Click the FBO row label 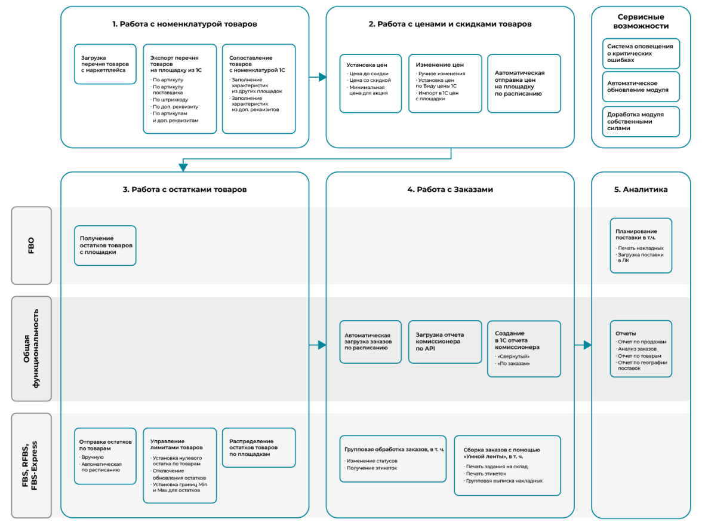click(31, 245)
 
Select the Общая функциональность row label click(31, 349)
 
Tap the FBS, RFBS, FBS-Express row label click(31, 465)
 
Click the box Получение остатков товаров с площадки click(105, 245)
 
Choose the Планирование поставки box click(641, 245)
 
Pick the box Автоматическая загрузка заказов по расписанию click(370, 342)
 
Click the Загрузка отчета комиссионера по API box click(445, 342)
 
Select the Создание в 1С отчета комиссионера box click(524, 349)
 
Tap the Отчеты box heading click(626, 333)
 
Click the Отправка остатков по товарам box click(105, 456)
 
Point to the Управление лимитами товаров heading click(176, 444)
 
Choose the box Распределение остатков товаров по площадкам click(258, 447)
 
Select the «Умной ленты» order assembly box click(507, 465)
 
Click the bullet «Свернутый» click(514, 357)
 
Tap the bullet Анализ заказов click(638, 349)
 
